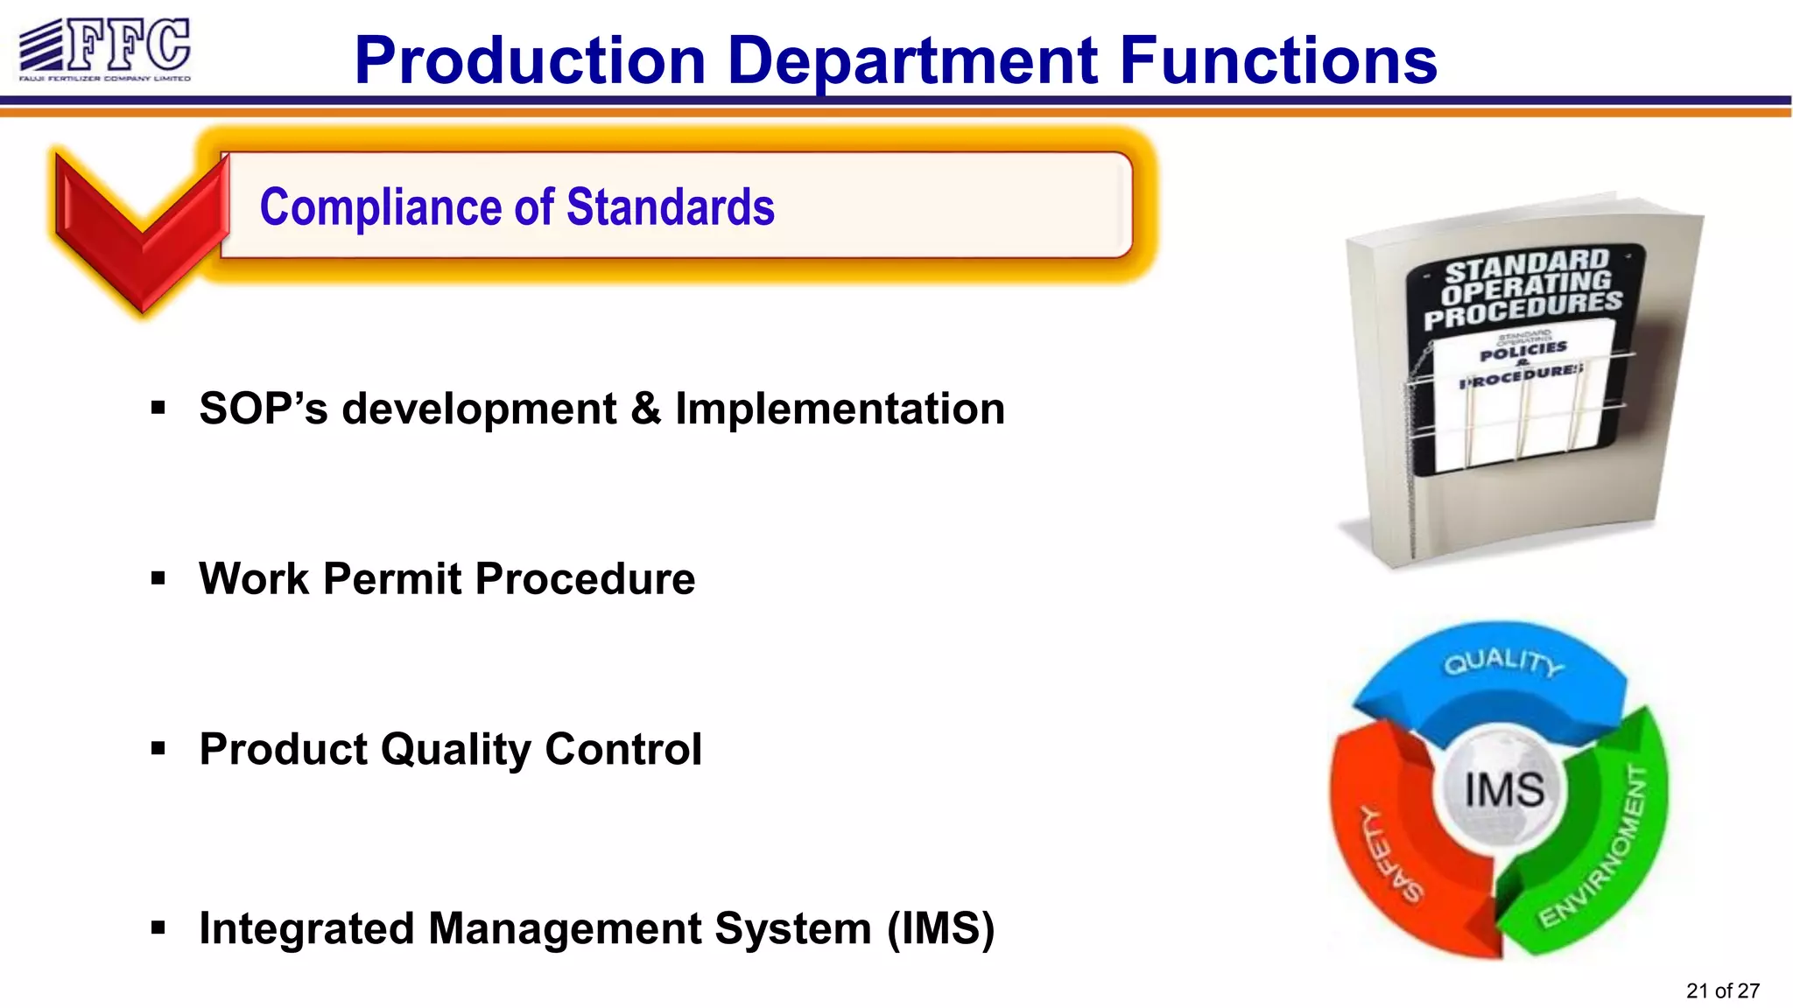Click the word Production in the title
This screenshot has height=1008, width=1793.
tap(530, 61)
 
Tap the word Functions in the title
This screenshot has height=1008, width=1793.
tap(1278, 61)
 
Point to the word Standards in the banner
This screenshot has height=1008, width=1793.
tap(671, 207)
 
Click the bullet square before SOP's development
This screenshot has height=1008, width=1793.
tap(158, 408)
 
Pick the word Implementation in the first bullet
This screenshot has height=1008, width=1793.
tap(840, 409)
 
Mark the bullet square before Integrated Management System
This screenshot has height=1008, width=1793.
tap(158, 927)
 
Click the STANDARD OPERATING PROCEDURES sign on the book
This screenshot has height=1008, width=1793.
tap(1524, 287)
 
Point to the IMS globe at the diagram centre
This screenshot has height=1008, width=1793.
tap(1504, 789)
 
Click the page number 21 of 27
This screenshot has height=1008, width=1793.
tap(1722, 990)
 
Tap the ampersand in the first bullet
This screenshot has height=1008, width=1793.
tap(645, 409)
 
